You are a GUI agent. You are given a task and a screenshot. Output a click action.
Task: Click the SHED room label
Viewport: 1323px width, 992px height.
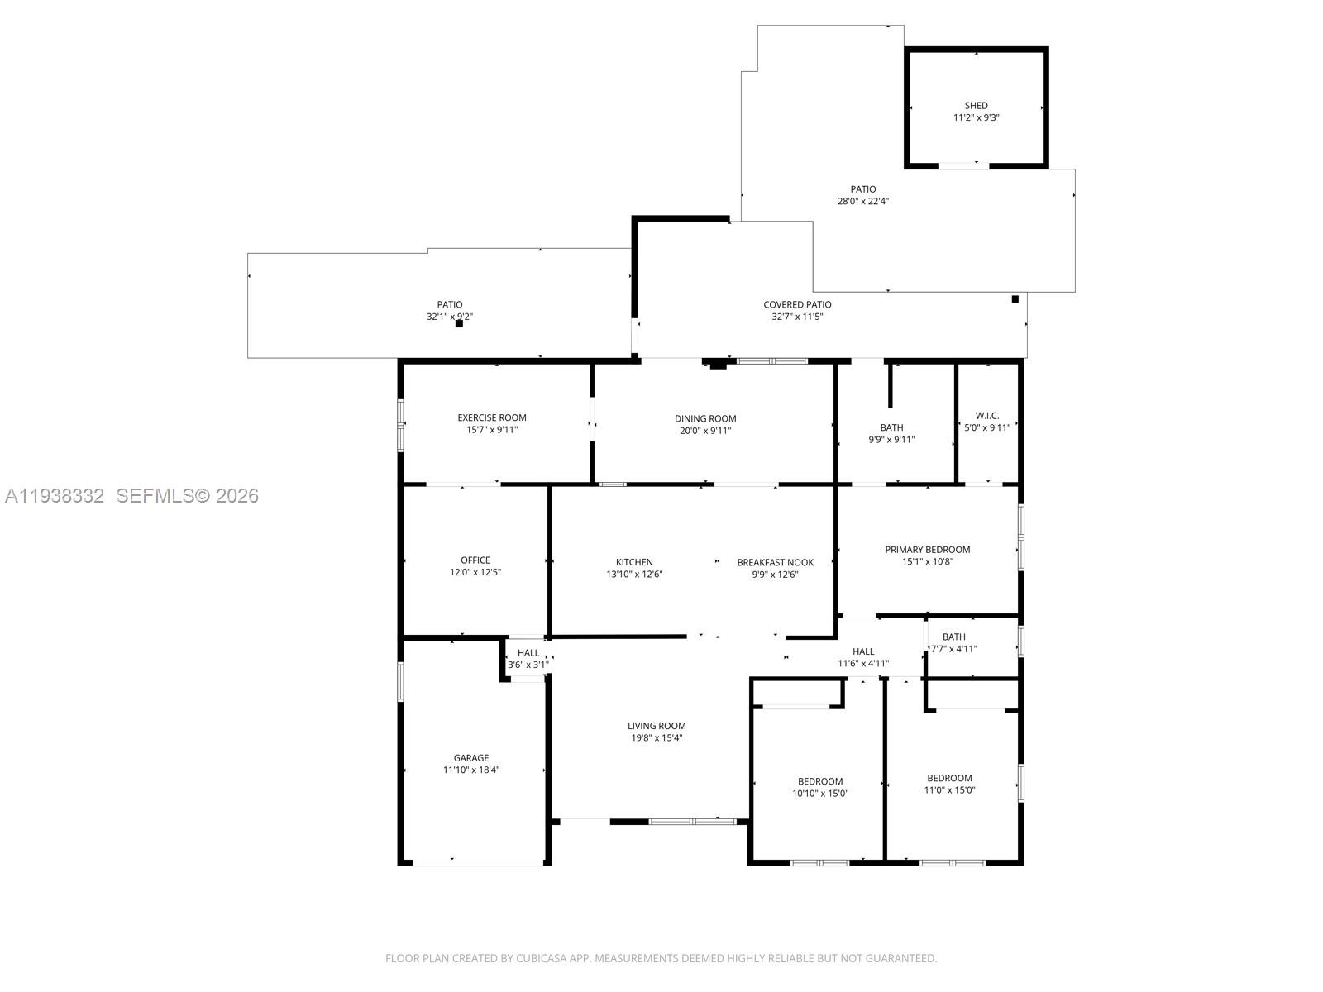pos(976,106)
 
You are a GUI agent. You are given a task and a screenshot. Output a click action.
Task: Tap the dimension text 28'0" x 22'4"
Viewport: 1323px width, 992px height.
pos(862,201)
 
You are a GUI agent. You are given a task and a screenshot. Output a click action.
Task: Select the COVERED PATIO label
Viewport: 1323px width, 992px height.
pos(797,305)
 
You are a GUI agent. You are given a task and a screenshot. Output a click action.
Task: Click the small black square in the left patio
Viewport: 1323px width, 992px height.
pos(459,324)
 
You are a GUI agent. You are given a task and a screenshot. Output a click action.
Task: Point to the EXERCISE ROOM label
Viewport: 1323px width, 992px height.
pos(492,417)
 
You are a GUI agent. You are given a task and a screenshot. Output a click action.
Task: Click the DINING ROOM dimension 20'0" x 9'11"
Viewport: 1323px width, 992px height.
pos(704,431)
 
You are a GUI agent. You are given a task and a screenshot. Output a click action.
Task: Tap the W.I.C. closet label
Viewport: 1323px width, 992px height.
pos(986,416)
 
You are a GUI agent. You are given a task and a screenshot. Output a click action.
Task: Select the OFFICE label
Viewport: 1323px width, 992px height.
pos(475,560)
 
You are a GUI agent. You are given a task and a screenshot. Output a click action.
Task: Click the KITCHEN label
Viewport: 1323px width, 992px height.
pos(634,562)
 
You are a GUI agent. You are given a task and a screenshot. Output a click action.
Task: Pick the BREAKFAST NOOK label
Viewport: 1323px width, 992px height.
pos(775,562)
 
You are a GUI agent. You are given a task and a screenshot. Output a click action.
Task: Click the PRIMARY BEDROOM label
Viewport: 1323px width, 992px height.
pos(927,550)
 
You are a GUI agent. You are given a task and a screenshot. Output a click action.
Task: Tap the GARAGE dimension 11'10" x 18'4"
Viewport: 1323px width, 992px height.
pos(470,770)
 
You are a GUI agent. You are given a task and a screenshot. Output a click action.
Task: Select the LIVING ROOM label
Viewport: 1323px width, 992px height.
pos(657,726)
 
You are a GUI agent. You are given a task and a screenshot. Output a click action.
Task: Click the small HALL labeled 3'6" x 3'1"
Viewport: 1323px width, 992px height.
pos(528,653)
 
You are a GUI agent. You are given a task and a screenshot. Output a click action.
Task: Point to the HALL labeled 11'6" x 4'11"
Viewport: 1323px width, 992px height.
pos(863,651)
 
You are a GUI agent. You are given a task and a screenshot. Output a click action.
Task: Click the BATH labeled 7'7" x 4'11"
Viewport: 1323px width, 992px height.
pos(953,637)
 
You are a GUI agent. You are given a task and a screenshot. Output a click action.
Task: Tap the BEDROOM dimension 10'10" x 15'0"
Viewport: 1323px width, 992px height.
pos(819,794)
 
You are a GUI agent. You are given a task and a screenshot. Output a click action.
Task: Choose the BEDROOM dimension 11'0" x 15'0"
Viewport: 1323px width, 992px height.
pos(949,789)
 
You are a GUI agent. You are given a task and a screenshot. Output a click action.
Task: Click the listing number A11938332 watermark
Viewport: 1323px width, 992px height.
pos(55,496)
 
